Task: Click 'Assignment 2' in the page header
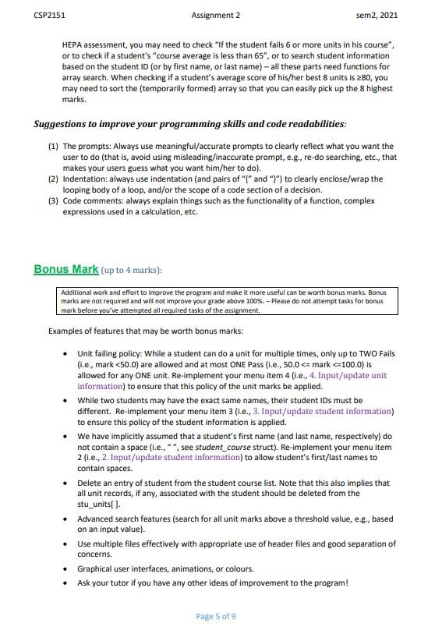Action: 216,15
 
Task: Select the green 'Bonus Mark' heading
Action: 66,269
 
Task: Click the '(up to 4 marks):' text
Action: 132,270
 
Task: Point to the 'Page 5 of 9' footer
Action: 216,616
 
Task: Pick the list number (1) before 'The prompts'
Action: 53,147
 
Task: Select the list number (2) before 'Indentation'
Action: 53,179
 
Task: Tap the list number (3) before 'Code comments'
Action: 53,201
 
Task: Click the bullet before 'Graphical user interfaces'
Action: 65,568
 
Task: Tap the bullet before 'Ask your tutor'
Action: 65,583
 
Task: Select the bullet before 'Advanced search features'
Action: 65,518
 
